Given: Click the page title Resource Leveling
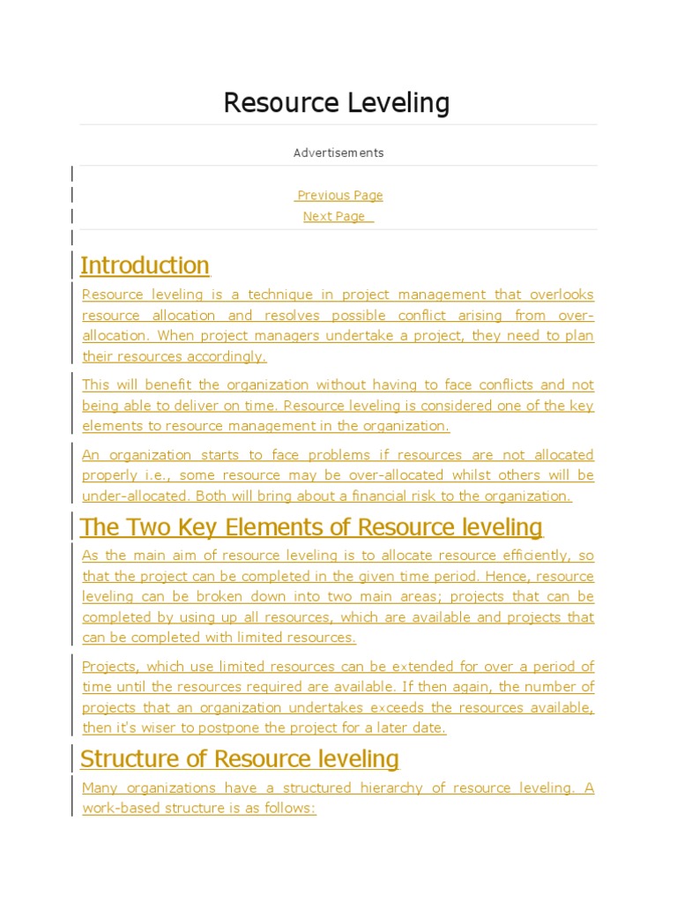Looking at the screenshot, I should click(x=337, y=103).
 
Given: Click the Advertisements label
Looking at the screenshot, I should click(x=338, y=153).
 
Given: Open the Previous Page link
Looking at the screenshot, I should click(x=339, y=196).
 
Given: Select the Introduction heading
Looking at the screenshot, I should click(x=145, y=265).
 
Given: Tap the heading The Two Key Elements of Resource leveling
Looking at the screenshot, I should click(x=311, y=527).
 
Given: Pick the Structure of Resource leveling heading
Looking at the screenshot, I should click(x=240, y=759).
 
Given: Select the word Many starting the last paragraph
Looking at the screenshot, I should click(x=100, y=787).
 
